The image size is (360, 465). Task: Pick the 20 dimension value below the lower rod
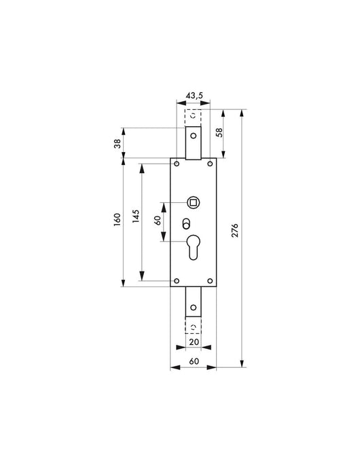tap(194, 343)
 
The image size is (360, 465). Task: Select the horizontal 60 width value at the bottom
tap(193, 362)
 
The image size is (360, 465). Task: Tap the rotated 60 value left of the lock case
tap(157, 221)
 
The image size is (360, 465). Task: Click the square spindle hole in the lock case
tap(194, 202)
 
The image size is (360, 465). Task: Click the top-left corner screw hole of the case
tap(177, 164)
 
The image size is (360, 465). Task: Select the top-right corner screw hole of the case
tap(210, 164)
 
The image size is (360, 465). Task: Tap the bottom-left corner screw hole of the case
tap(177, 281)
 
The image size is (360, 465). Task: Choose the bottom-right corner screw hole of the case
tap(210, 281)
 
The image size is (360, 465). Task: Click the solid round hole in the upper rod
tap(194, 136)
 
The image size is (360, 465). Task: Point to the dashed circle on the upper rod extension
tap(194, 113)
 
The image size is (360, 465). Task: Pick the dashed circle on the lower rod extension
tap(194, 328)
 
